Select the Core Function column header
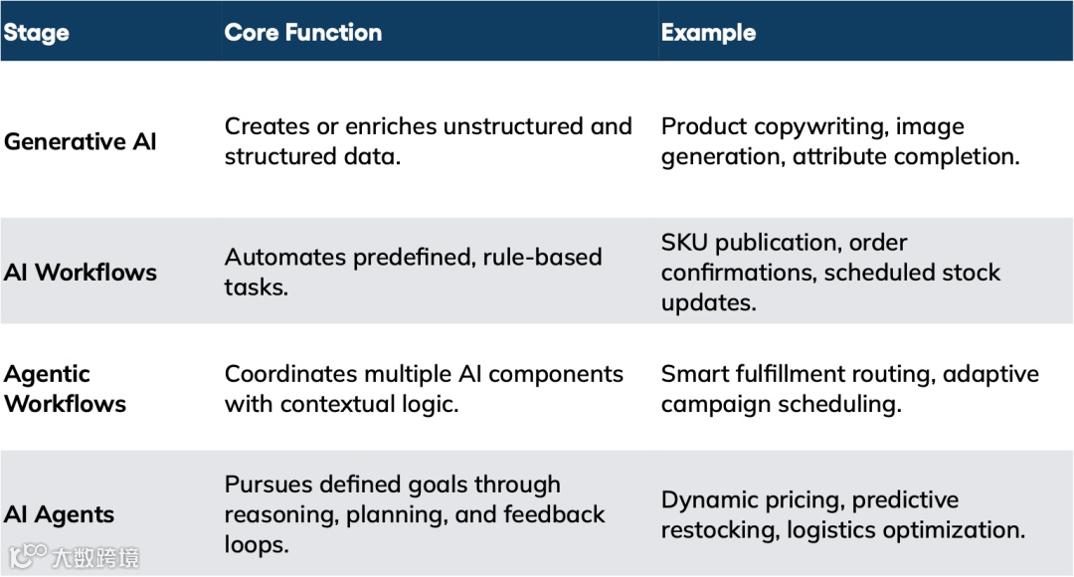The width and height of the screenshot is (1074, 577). [x=303, y=33]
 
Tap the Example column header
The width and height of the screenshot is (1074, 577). [x=708, y=33]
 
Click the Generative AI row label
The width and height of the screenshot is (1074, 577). [x=81, y=141]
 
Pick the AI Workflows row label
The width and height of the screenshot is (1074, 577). [x=81, y=273]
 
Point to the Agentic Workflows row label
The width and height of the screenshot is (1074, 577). [x=65, y=389]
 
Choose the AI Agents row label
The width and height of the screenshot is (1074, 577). [x=59, y=514]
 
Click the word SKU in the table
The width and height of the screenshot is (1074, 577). [x=684, y=243]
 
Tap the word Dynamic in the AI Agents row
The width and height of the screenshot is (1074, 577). [x=704, y=499]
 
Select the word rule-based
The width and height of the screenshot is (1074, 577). [x=543, y=258]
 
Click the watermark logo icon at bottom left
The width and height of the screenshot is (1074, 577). [x=29, y=555]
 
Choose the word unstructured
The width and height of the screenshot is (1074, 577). [x=516, y=127]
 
